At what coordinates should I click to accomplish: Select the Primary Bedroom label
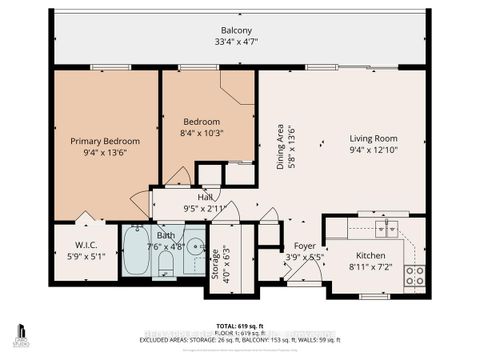click(x=105, y=142)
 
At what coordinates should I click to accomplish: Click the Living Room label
click(x=374, y=139)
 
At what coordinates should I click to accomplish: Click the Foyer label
click(x=302, y=245)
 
